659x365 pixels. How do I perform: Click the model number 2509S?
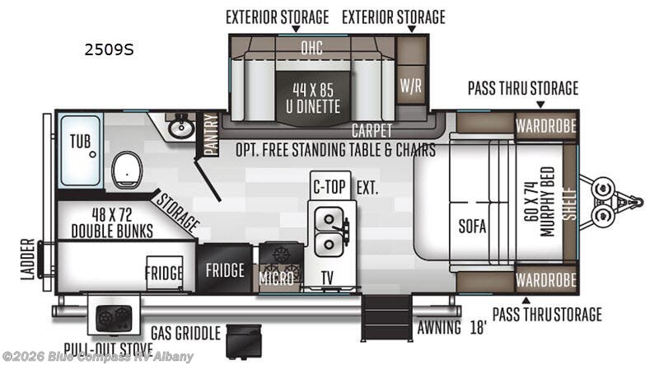[109, 49]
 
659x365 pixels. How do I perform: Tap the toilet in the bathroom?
[127, 171]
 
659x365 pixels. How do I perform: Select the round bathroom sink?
[181, 128]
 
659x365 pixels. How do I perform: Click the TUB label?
[80, 141]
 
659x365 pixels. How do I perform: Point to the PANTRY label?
[211, 134]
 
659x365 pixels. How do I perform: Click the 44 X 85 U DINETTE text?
[313, 98]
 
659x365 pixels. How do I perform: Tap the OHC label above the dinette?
[312, 48]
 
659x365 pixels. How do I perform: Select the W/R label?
[410, 86]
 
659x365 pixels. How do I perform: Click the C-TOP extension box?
[330, 185]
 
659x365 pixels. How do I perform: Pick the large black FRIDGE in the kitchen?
[225, 269]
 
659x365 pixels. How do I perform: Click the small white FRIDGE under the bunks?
[164, 273]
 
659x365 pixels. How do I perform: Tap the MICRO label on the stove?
[276, 278]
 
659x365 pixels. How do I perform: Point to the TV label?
[327, 278]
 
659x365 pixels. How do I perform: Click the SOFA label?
[472, 227]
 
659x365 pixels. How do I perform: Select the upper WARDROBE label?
[546, 126]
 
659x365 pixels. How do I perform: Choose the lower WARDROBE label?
[546, 279]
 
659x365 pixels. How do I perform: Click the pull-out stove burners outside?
[114, 317]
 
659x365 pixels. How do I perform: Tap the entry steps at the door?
[386, 317]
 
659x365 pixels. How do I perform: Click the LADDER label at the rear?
[28, 259]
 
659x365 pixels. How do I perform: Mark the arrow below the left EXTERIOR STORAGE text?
[296, 29]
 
